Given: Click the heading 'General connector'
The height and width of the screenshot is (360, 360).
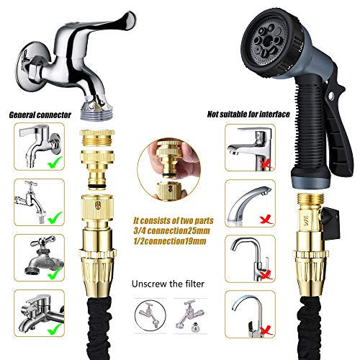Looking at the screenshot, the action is pyautogui.click(x=40, y=115).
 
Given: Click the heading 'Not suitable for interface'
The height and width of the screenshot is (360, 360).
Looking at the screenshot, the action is pyautogui.click(x=248, y=114).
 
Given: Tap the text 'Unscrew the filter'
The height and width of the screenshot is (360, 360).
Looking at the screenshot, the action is pyautogui.click(x=168, y=284).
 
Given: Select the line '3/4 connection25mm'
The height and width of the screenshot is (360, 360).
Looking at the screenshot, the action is pyautogui.click(x=171, y=231).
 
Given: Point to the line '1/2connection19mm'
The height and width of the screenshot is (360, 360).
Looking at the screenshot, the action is pyautogui.click(x=170, y=241).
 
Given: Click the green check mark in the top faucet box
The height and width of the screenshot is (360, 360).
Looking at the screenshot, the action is pyautogui.click(x=55, y=162).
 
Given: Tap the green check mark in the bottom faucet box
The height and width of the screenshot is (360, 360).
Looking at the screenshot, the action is pyautogui.click(x=55, y=328).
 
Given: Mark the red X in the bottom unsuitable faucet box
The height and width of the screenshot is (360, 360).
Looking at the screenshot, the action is pyautogui.click(x=266, y=330).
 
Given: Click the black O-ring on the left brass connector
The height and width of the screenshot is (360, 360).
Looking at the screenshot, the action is pyautogui.click(x=97, y=186).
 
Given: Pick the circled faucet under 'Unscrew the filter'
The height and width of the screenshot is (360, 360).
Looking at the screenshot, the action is pyautogui.click(x=150, y=315).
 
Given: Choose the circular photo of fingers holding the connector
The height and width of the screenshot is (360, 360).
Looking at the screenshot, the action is pyautogui.click(x=168, y=169).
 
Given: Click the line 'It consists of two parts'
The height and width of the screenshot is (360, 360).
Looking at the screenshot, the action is pyautogui.click(x=174, y=221).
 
